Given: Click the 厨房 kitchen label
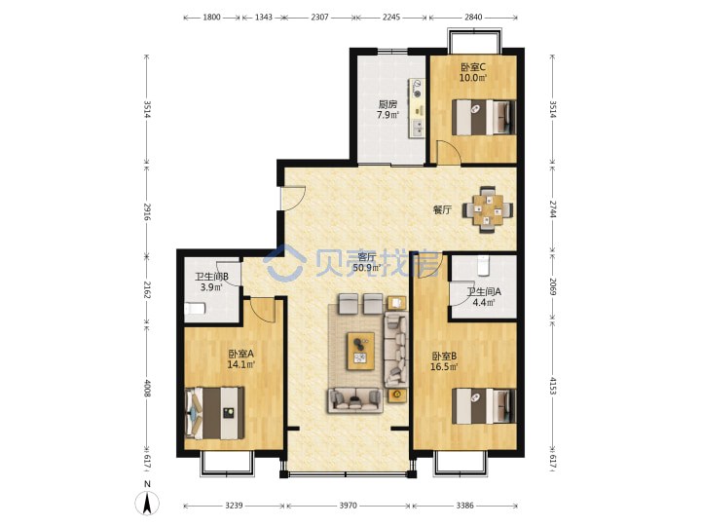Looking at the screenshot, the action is (x=387, y=104).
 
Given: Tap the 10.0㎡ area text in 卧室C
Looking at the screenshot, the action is (x=473, y=78).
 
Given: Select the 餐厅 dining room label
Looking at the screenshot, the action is (x=443, y=209).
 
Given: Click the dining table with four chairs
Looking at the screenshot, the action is (x=488, y=209).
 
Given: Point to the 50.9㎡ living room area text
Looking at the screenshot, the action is (x=367, y=268).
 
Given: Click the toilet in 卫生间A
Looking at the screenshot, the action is (x=484, y=265).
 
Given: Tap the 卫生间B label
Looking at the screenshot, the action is (x=211, y=277).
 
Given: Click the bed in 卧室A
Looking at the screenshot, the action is (x=214, y=413).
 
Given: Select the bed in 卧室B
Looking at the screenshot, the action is (x=484, y=405).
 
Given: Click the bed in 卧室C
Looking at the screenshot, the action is (x=484, y=117).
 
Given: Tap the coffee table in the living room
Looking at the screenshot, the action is (x=361, y=351).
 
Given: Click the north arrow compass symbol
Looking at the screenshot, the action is (x=147, y=503).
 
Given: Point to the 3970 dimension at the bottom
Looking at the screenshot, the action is (x=348, y=506).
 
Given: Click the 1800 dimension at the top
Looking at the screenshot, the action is (x=212, y=17).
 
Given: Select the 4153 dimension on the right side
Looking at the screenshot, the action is (x=553, y=386).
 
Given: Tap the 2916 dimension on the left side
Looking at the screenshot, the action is (x=147, y=211).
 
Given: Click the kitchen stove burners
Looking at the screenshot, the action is (x=418, y=88).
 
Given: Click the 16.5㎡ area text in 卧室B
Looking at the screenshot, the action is (x=444, y=367).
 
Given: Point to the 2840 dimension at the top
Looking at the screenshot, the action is (x=473, y=17).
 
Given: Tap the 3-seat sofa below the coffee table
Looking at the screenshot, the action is (x=355, y=400).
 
